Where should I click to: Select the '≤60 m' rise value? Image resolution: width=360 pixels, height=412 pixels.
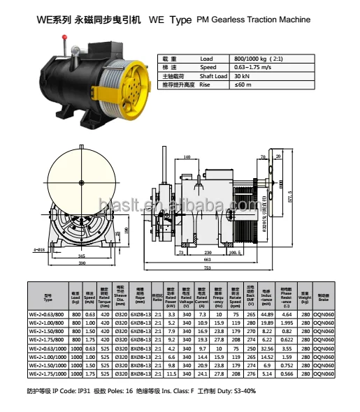242,85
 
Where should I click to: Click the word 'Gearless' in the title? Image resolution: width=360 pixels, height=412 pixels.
231,20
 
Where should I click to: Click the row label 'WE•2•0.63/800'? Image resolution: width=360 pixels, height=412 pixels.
48,315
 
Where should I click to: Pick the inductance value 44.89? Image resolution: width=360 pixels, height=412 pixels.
266,315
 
